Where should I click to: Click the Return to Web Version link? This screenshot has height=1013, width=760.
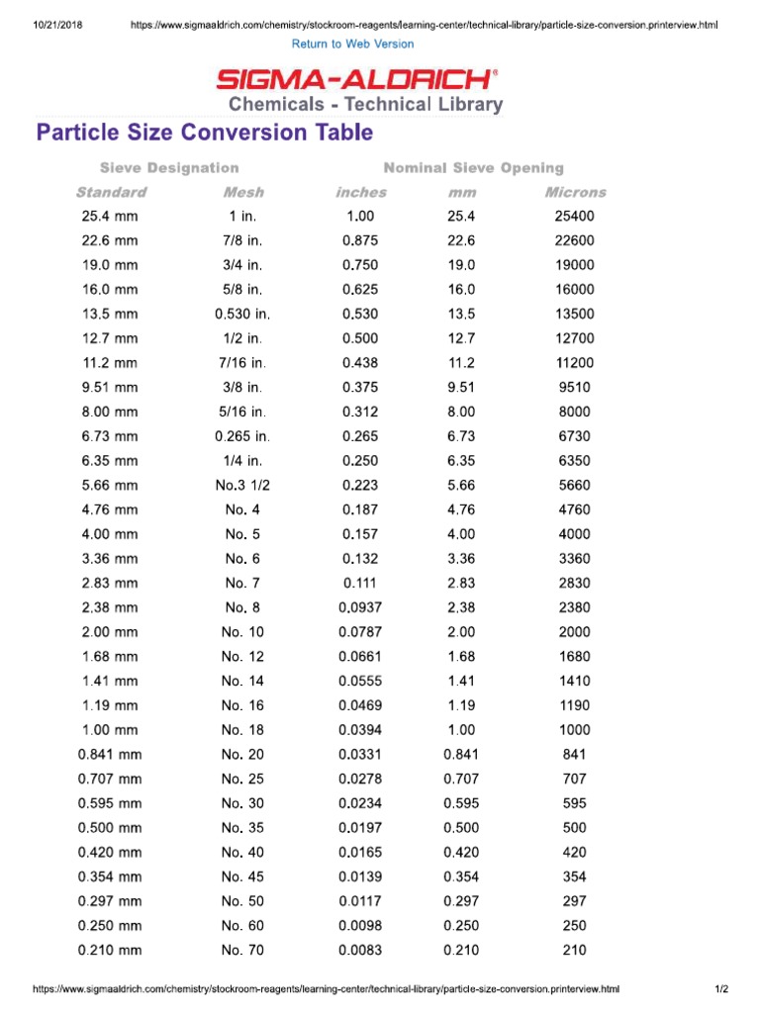[x=353, y=44]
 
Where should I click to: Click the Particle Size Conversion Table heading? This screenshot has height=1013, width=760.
[x=205, y=133]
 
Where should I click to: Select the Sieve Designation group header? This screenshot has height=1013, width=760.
[x=169, y=168]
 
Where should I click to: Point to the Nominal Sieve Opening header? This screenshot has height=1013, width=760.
[x=474, y=168]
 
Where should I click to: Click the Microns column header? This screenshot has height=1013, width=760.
[x=575, y=192]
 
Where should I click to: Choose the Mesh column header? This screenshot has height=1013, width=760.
[x=243, y=192]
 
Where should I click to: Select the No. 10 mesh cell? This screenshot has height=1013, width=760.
[x=243, y=632]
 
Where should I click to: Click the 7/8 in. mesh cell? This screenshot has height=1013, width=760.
[x=243, y=240]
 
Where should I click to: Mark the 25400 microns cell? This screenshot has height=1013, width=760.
[x=575, y=216]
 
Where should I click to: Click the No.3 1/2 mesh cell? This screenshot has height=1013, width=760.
[x=243, y=486]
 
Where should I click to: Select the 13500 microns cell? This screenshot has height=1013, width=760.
[x=575, y=314]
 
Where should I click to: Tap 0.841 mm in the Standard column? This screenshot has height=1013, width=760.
[x=110, y=755]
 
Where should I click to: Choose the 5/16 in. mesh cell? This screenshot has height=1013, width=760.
[x=243, y=412]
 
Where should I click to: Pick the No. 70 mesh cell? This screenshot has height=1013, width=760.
[x=243, y=951]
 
